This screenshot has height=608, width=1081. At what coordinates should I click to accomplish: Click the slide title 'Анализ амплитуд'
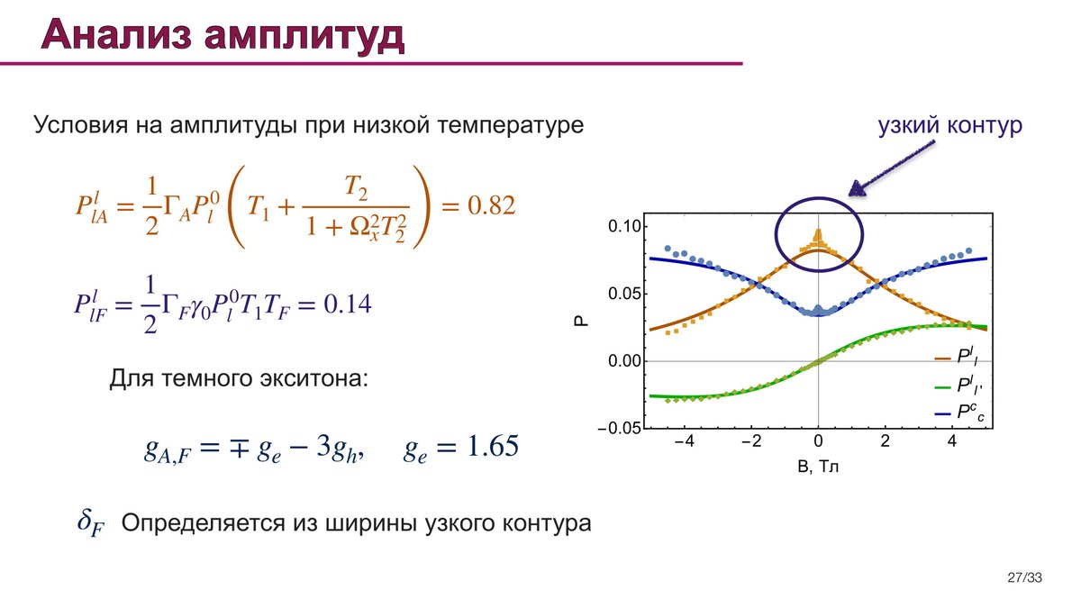tap(223, 35)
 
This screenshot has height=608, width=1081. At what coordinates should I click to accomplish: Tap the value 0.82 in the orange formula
tap(491, 205)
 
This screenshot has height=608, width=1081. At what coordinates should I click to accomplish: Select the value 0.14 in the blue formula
tap(348, 304)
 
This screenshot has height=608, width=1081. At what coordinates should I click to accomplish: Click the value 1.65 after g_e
tap(493, 445)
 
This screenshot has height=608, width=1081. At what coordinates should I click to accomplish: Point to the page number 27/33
tap(1024, 577)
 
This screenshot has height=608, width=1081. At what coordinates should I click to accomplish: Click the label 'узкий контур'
tap(949, 125)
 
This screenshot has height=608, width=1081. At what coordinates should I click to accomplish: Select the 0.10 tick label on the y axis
tap(624, 226)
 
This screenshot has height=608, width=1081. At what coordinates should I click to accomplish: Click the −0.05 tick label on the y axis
tap(620, 429)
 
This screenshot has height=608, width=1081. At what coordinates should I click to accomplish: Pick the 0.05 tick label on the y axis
tap(624, 294)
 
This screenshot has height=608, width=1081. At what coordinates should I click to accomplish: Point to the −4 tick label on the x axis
tap(684, 441)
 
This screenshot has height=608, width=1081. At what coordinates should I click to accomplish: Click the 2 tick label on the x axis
tap(885, 441)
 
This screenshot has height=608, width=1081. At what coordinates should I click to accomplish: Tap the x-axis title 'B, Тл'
tap(818, 467)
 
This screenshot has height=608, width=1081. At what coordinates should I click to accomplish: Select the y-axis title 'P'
tap(582, 321)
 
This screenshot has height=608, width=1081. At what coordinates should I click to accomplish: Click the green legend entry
tap(958, 386)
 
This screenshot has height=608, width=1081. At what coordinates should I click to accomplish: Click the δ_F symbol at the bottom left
tap(91, 523)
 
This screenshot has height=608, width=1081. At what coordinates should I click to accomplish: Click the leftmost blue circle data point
tap(668, 249)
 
